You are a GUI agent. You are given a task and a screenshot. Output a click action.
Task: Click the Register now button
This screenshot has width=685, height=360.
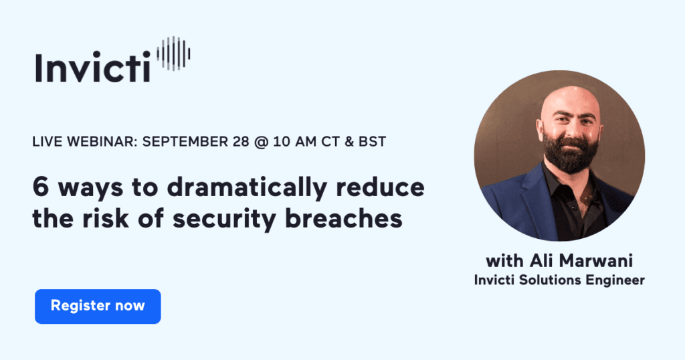click(98, 306)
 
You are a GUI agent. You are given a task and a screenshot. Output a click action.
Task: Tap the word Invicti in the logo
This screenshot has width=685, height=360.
click(93, 67)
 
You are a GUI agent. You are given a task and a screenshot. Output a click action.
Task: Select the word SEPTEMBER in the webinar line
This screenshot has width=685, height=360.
click(179, 143)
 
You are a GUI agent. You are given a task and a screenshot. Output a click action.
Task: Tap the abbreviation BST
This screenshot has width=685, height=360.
click(371, 143)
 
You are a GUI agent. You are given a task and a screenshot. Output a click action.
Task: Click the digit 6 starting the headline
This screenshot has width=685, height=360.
click(39, 188)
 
